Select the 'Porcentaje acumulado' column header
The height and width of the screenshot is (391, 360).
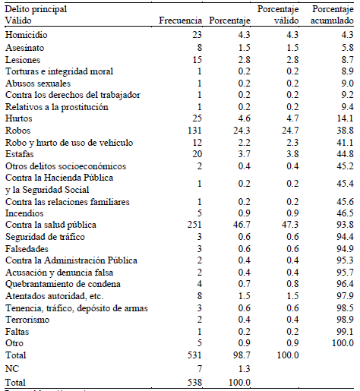pyautogui.click(x=331, y=16)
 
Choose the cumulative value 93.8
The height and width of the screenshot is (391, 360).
pyautogui.click(x=345, y=225)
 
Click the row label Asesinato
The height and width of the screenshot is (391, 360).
pyautogui.click(x=25, y=47)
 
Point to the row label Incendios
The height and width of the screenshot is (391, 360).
pyautogui.click(x=24, y=213)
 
